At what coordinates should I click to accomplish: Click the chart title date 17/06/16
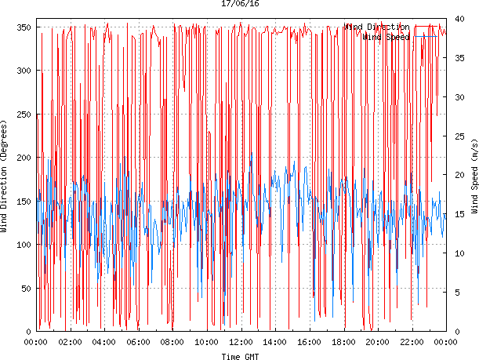[240, 4]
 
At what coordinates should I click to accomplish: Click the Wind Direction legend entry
[376, 27]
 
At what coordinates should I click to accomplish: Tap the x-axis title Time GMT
[240, 356]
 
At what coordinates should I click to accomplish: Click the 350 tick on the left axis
[24, 27]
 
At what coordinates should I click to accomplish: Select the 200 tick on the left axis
[24, 158]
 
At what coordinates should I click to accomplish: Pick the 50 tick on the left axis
[26, 288]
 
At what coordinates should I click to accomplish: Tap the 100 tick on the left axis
[24, 245]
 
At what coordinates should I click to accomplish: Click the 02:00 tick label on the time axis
[71, 342]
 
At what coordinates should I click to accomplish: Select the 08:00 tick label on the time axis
[172, 342]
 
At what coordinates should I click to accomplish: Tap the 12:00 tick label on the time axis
[241, 342]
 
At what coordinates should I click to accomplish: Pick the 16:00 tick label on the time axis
[309, 342]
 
